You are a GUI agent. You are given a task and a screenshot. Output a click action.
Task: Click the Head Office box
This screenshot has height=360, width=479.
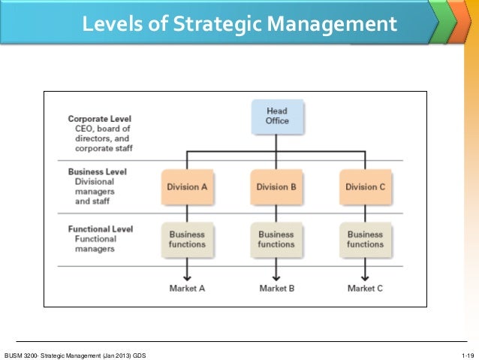coord(276,116)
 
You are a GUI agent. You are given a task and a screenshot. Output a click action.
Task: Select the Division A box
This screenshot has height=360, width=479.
coord(188,186)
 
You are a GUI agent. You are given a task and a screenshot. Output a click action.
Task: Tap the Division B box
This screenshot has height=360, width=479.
coord(276,186)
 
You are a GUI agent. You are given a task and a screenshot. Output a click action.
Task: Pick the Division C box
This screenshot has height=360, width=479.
coord(365,186)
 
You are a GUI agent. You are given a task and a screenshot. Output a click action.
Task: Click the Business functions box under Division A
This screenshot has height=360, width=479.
coord(188,239)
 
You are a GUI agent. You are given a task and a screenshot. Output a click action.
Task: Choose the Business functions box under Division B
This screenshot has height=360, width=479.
coord(276,239)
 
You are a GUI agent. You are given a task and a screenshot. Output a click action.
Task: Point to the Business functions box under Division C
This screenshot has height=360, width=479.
coord(365,239)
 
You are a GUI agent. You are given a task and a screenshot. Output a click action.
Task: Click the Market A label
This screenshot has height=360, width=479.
coord(188,288)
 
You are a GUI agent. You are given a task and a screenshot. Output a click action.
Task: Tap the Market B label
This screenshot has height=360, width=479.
coord(276,288)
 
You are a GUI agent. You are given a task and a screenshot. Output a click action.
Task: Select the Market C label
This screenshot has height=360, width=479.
coord(365,288)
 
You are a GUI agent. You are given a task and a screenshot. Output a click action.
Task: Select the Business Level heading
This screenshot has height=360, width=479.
coord(97,171)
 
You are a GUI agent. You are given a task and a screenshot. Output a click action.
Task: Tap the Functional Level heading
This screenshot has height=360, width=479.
coord(101,229)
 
